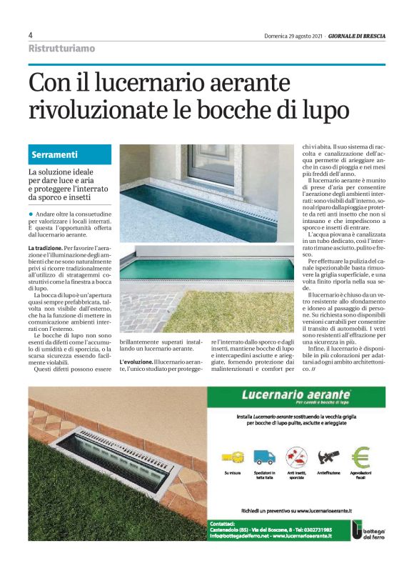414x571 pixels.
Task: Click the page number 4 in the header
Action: pos(31,34)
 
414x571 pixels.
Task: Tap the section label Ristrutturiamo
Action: pos(61,49)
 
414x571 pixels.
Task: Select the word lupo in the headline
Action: pos(326,111)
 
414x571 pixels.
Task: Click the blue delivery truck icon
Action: pos(263,457)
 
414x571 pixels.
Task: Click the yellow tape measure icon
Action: pos(231,458)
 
